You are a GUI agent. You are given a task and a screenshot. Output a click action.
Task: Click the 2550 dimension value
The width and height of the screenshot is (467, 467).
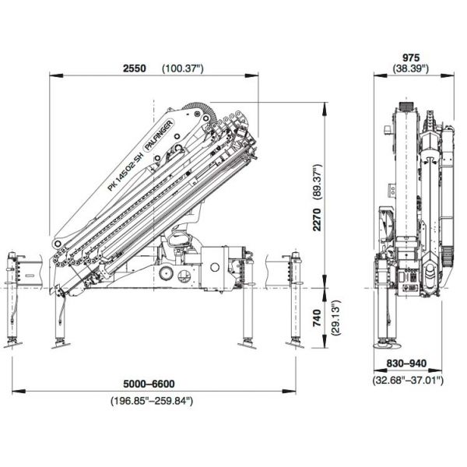pos(135,68)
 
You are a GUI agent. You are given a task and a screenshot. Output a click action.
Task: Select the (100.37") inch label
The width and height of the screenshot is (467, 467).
pos(183,68)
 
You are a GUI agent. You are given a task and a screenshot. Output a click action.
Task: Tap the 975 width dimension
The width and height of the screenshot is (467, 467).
pos(411,58)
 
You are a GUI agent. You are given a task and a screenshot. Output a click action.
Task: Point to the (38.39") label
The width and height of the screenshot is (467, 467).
pos(411,68)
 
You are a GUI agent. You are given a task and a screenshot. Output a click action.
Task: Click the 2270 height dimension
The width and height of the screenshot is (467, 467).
pos(318,219)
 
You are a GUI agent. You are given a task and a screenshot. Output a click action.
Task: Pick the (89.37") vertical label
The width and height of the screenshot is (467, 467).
pos(318,181)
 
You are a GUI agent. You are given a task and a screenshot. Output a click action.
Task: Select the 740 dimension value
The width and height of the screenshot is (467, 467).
pos(318,318)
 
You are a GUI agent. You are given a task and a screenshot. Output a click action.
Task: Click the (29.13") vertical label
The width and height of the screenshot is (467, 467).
pos(336,318)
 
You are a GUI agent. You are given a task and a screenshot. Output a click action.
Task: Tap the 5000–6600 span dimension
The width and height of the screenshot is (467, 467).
pos(149,384)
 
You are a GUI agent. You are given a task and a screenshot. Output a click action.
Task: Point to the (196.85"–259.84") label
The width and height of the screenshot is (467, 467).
pos(152,401)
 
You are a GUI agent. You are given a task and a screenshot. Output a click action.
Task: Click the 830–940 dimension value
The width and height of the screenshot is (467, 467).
pos(406,363)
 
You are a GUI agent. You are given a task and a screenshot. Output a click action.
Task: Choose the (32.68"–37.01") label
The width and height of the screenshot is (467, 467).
pos(408,380)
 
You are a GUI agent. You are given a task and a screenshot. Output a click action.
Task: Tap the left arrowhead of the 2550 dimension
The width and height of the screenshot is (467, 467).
pos(56,75)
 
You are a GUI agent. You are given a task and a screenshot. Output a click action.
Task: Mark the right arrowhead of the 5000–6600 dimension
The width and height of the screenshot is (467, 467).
pos(289,391)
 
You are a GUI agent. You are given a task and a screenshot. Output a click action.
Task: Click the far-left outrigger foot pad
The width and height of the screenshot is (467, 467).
pos(12,345)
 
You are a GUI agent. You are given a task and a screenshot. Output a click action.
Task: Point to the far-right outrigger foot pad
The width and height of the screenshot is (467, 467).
pos(295,344)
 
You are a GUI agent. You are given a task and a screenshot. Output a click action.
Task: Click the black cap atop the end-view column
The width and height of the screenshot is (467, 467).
pos(406,107)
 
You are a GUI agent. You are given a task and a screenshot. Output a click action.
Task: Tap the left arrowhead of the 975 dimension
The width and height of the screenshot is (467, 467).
pos(381,75)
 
